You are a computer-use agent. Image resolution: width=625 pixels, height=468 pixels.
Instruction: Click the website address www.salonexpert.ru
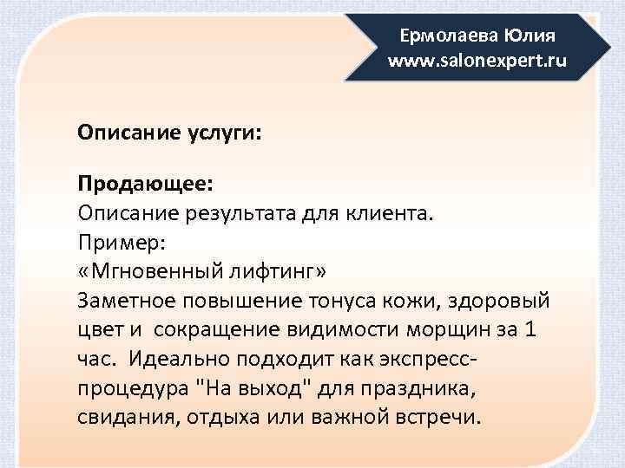[x=477, y=62]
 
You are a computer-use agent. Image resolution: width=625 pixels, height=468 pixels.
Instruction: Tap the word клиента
[x=385, y=212]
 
